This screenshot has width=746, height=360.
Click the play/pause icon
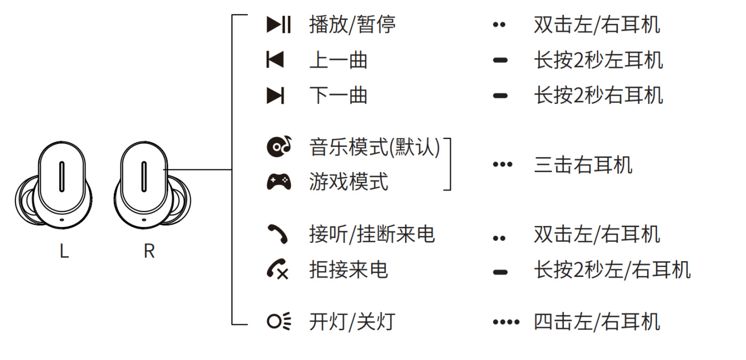(279, 25)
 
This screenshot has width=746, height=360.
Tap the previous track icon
(275, 60)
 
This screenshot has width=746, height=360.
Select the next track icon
(275, 96)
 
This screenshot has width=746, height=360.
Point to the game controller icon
(279, 181)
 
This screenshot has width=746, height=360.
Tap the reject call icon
(278, 269)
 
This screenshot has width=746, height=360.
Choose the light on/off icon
(279, 322)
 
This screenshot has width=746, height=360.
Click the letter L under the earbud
(64, 252)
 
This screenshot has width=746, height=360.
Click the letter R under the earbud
(149, 252)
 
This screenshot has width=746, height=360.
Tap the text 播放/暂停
(352, 25)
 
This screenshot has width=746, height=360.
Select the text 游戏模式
(349, 181)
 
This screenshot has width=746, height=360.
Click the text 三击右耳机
(583, 164)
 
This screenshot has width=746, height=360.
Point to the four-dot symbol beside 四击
(506, 322)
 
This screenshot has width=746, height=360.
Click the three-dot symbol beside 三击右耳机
(502, 164)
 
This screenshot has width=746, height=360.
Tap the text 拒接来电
(349, 269)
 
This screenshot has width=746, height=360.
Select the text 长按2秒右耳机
(598, 96)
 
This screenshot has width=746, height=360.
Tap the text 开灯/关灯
(352, 322)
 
